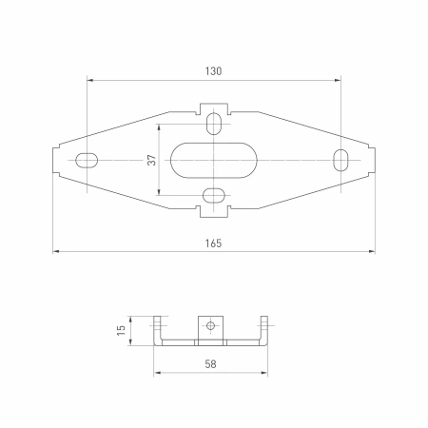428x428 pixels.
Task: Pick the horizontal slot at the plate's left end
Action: pos(87,160)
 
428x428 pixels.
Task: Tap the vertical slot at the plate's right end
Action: pos(340,160)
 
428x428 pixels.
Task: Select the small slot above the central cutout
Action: pos(215,123)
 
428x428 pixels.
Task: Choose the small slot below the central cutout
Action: pos(215,196)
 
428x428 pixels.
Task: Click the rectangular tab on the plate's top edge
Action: pos(215,107)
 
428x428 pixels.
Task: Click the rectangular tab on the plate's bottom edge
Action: pos(215,210)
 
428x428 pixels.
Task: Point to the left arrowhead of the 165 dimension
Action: pos(57,252)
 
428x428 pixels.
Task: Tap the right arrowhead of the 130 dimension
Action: pos(337,79)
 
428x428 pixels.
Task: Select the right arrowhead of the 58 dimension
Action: pos(266,371)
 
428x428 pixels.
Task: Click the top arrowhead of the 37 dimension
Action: pos(160,127)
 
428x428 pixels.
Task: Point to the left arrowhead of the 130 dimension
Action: pos(90,79)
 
